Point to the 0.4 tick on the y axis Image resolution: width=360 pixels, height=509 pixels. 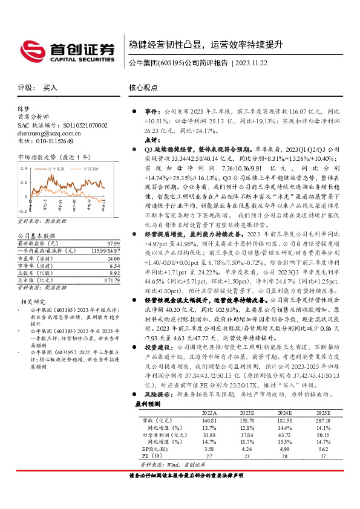point(24,167)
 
